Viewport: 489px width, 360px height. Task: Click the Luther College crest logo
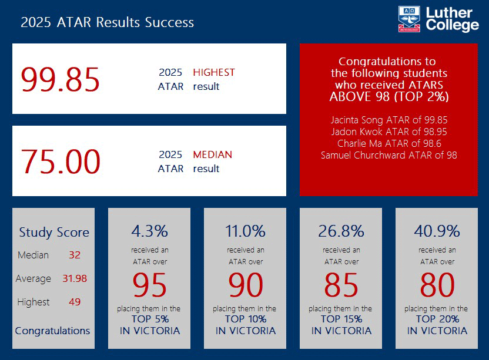pyautogui.click(x=409, y=19)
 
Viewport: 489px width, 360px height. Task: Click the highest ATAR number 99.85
pyautogui.click(x=61, y=79)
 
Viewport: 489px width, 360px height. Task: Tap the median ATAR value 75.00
pyautogui.click(x=61, y=162)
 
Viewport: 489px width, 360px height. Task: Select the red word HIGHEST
pyautogui.click(x=214, y=72)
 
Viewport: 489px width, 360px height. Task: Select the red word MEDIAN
pyautogui.click(x=212, y=155)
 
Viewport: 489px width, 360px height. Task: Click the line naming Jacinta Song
pyautogui.click(x=388, y=120)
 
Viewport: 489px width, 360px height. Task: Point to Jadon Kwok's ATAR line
pyautogui.click(x=388, y=132)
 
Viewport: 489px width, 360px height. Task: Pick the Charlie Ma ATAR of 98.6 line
pyautogui.click(x=388, y=143)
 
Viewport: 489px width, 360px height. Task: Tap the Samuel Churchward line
pyautogui.click(x=388, y=155)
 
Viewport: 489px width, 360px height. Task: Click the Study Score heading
pyautogui.click(x=54, y=233)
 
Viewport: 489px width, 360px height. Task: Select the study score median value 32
pyautogui.click(x=74, y=255)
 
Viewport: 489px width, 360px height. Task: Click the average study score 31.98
pyautogui.click(x=75, y=278)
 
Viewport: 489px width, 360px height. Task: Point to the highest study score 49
pyautogui.click(x=74, y=302)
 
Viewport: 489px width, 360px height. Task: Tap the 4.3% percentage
pyautogui.click(x=149, y=230)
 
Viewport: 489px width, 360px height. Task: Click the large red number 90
pyautogui.click(x=245, y=285)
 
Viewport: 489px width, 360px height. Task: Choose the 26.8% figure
pyautogui.click(x=341, y=230)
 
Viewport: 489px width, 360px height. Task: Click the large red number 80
pyautogui.click(x=437, y=285)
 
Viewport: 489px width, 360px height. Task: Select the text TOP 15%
pyautogui.click(x=341, y=319)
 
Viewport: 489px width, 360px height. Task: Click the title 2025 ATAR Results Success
pyautogui.click(x=107, y=22)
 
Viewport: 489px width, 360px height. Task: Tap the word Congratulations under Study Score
pyautogui.click(x=53, y=331)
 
